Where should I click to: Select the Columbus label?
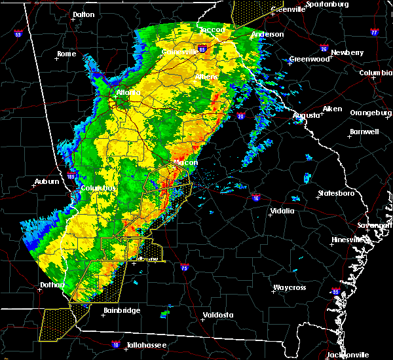coord(98,188)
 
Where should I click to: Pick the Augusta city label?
coord(307,115)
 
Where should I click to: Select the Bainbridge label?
coord(122,310)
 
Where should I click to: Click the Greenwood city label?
coord(309,59)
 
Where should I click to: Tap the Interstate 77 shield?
coord(374,31)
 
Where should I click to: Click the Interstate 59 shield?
coord(18,33)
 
